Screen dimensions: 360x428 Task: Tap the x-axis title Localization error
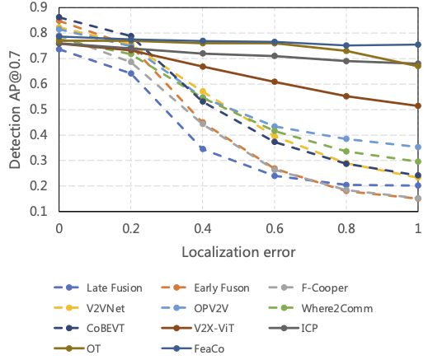(x=238, y=249)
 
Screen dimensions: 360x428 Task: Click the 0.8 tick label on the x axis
(x=346, y=227)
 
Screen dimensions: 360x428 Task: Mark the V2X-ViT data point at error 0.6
(x=275, y=82)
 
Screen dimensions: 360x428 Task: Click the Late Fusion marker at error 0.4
(x=203, y=149)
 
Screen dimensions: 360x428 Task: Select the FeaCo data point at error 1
(x=418, y=44)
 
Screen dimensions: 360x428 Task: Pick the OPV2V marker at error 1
(x=418, y=147)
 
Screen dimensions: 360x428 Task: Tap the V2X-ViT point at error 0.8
(x=346, y=96)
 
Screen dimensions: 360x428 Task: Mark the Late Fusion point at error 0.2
(x=131, y=73)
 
